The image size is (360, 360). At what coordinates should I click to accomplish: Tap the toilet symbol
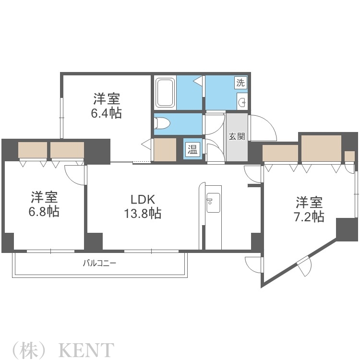coord(162,123)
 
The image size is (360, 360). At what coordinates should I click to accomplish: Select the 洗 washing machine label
coord(240,82)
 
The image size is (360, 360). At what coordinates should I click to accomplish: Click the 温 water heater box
coord(192,149)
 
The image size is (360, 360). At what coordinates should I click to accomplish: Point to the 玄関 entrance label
coord(236,136)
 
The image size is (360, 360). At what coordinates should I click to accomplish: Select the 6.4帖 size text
coord(107,113)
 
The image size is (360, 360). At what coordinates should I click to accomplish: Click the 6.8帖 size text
coord(45,211)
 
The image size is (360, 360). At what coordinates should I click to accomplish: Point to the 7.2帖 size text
coord(309,216)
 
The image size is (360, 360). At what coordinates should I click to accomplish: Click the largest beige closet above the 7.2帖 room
coord(321,149)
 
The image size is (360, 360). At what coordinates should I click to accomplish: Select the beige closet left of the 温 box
coord(165,149)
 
